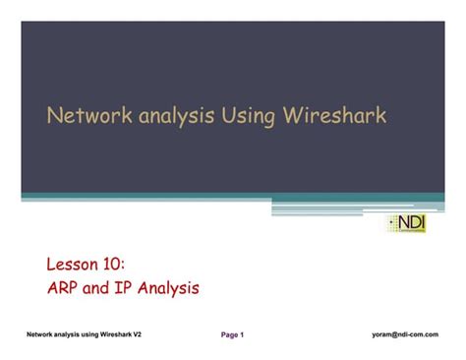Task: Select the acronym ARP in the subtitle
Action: pos(66,289)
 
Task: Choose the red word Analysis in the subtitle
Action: pos(172,289)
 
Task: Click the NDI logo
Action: pos(406,223)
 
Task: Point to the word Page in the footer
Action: pos(230,335)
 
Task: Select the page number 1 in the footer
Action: pos(242,335)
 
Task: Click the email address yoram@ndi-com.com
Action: pos(405,334)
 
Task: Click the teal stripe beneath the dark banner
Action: pos(147,197)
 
